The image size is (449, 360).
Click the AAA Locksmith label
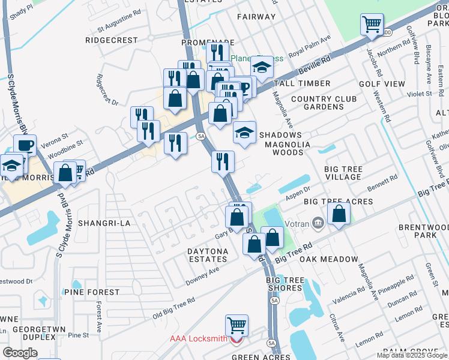click(198, 338)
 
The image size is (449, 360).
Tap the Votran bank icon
click(319, 224)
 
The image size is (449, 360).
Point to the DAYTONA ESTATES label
click(200, 254)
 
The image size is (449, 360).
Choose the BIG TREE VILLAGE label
click(343, 173)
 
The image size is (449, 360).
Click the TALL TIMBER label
click(302, 83)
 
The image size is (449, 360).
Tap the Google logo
click(20, 352)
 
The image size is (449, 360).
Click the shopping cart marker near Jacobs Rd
click(372, 25)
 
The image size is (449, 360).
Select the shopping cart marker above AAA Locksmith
click(237, 325)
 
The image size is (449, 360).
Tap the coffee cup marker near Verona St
click(25, 145)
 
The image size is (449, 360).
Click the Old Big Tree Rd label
click(173, 307)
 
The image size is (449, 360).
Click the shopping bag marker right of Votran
click(339, 214)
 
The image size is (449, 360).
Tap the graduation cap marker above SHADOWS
click(244, 132)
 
